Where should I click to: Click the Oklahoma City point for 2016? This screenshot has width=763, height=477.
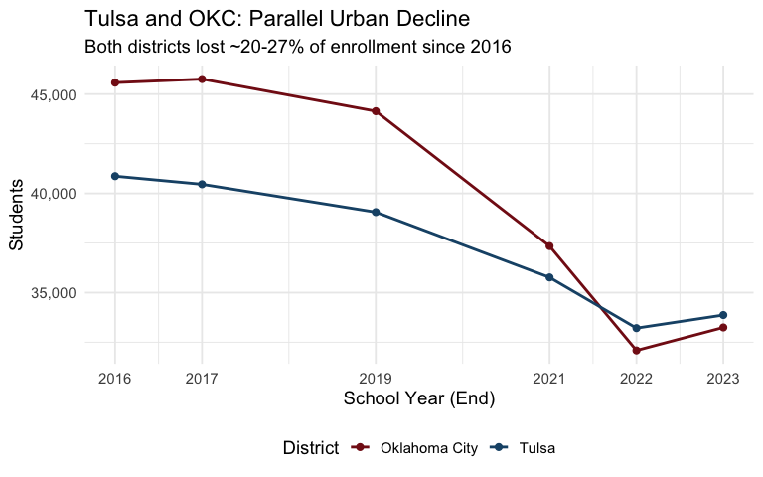(x=115, y=82)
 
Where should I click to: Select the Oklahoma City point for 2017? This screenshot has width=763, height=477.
(x=202, y=79)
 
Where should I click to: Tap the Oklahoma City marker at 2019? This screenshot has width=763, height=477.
(x=376, y=111)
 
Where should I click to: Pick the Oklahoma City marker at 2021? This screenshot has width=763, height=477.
(x=549, y=245)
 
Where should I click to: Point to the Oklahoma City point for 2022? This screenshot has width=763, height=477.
(x=636, y=351)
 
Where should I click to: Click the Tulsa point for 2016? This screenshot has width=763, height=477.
(x=115, y=176)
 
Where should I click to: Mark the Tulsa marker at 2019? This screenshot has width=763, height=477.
(x=376, y=212)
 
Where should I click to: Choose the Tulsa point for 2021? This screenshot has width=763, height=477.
(x=549, y=277)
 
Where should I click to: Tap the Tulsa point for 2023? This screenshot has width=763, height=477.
(x=723, y=315)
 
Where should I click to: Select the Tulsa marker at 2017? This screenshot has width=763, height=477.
(x=202, y=184)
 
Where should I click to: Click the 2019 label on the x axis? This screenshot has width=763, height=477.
(x=376, y=379)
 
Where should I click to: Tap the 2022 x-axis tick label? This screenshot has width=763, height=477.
(x=636, y=379)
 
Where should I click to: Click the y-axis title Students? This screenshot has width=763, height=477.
(x=17, y=214)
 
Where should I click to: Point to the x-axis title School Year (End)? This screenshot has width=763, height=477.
(x=418, y=399)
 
